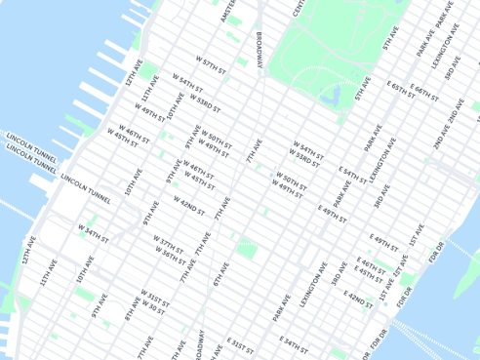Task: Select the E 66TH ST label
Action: click(424, 92)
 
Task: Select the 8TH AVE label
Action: click(132, 310)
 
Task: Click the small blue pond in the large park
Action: click(334, 95)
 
